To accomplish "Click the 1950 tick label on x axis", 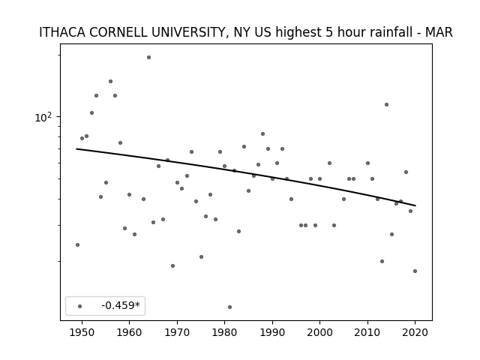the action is (x=82, y=332).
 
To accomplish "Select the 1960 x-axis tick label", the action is (x=129, y=332).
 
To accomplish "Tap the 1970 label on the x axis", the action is (x=177, y=332).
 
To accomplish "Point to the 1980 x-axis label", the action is (x=224, y=332).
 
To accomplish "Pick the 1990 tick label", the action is (x=272, y=332).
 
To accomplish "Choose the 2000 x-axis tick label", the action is (x=320, y=332).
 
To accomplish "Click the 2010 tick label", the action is (x=367, y=332).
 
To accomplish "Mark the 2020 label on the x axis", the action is (x=415, y=332).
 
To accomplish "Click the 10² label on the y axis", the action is (x=43, y=117).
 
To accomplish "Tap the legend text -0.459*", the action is (x=121, y=305).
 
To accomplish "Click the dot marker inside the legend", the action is (x=80, y=306).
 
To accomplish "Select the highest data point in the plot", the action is (x=148, y=57).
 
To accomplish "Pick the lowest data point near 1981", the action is (x=230, y=307).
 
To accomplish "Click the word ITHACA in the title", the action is (x=62, y=32).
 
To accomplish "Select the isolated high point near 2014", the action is (x=387, y=105).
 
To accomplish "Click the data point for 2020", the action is (x=415, y=271).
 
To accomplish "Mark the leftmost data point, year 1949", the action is (x=78, y=245).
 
